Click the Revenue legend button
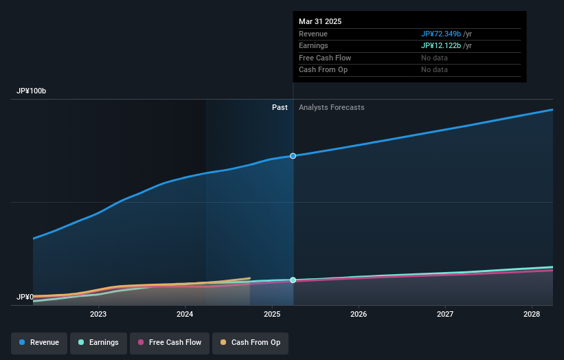pos(39,342)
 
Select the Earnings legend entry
pos(99,342)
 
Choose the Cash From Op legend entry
pos(251,342)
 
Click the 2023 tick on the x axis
pos(98,314)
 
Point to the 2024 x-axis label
pos(185,314)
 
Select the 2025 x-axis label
pos(272,314)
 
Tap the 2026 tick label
pos(359,314)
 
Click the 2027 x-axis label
pos(445,314)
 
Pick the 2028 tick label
pos(532,314)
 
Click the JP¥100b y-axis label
pos(32,91)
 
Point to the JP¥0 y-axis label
pos(25,297)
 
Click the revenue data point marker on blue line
pos(293,156)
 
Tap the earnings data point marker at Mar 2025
pos(293,280)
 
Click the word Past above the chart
pos(280,107)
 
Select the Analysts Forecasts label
pos(331,107)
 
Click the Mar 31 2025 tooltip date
pos(320,22)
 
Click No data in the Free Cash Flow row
pos(434,58)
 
